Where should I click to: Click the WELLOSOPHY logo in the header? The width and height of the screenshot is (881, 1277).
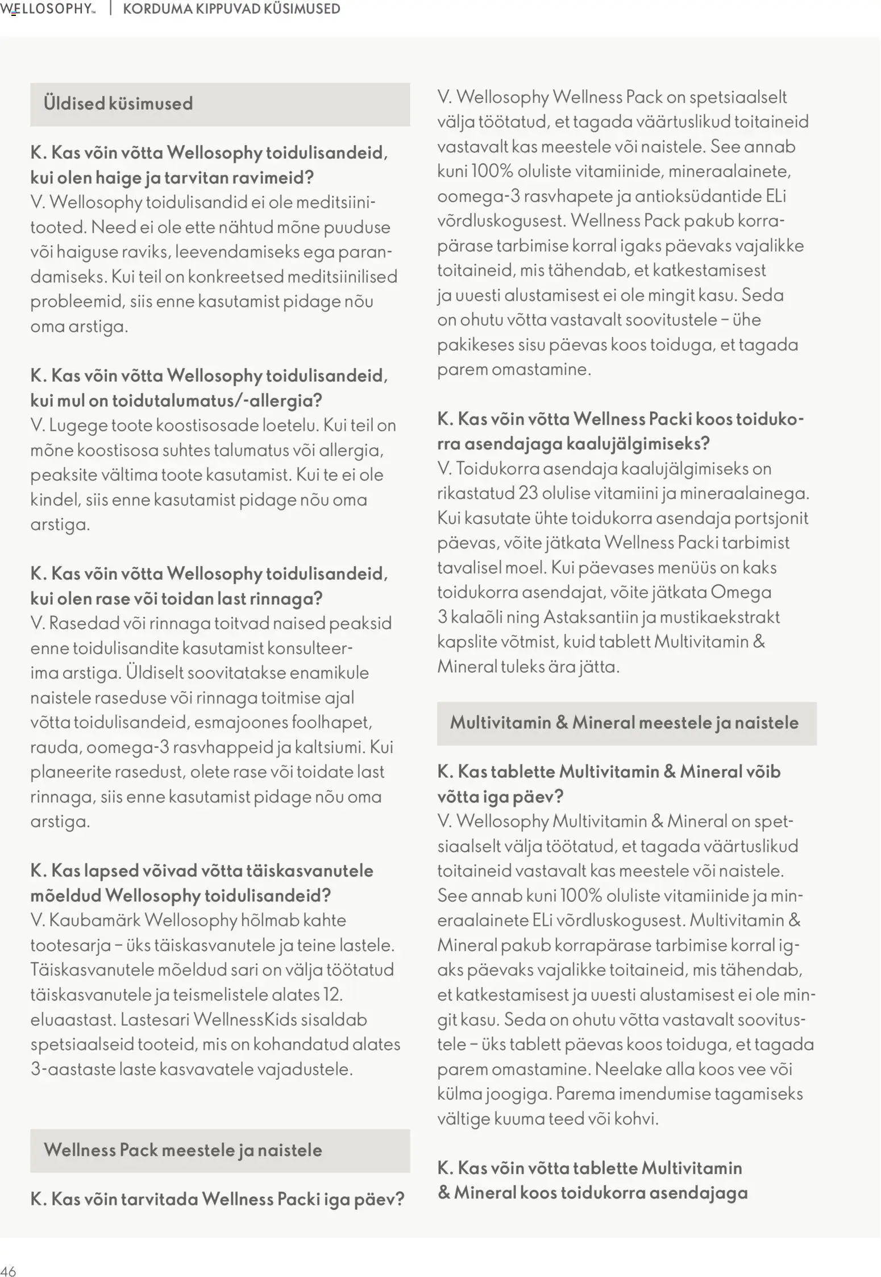pos(48,9)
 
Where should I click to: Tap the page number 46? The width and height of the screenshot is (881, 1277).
pos(9,1271)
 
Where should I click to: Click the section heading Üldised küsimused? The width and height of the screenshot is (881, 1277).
pos(118,103)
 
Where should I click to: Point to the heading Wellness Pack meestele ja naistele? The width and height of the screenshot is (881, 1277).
pos(182,1150)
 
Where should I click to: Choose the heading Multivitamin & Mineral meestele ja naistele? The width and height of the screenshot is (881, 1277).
pos(624,722)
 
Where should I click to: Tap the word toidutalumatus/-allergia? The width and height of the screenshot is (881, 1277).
pos(217,400)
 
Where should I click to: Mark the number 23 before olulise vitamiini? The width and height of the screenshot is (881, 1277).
pos(528,493)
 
